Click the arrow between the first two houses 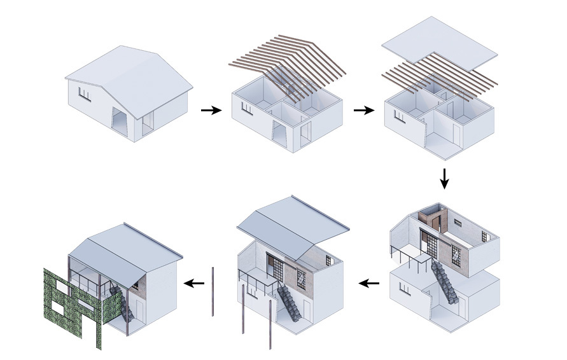[211, 111]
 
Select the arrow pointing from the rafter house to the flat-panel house [363, 110]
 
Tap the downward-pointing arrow [445, 178]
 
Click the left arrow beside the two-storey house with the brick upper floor [368, 283]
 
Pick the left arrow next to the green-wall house [194, 283]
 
